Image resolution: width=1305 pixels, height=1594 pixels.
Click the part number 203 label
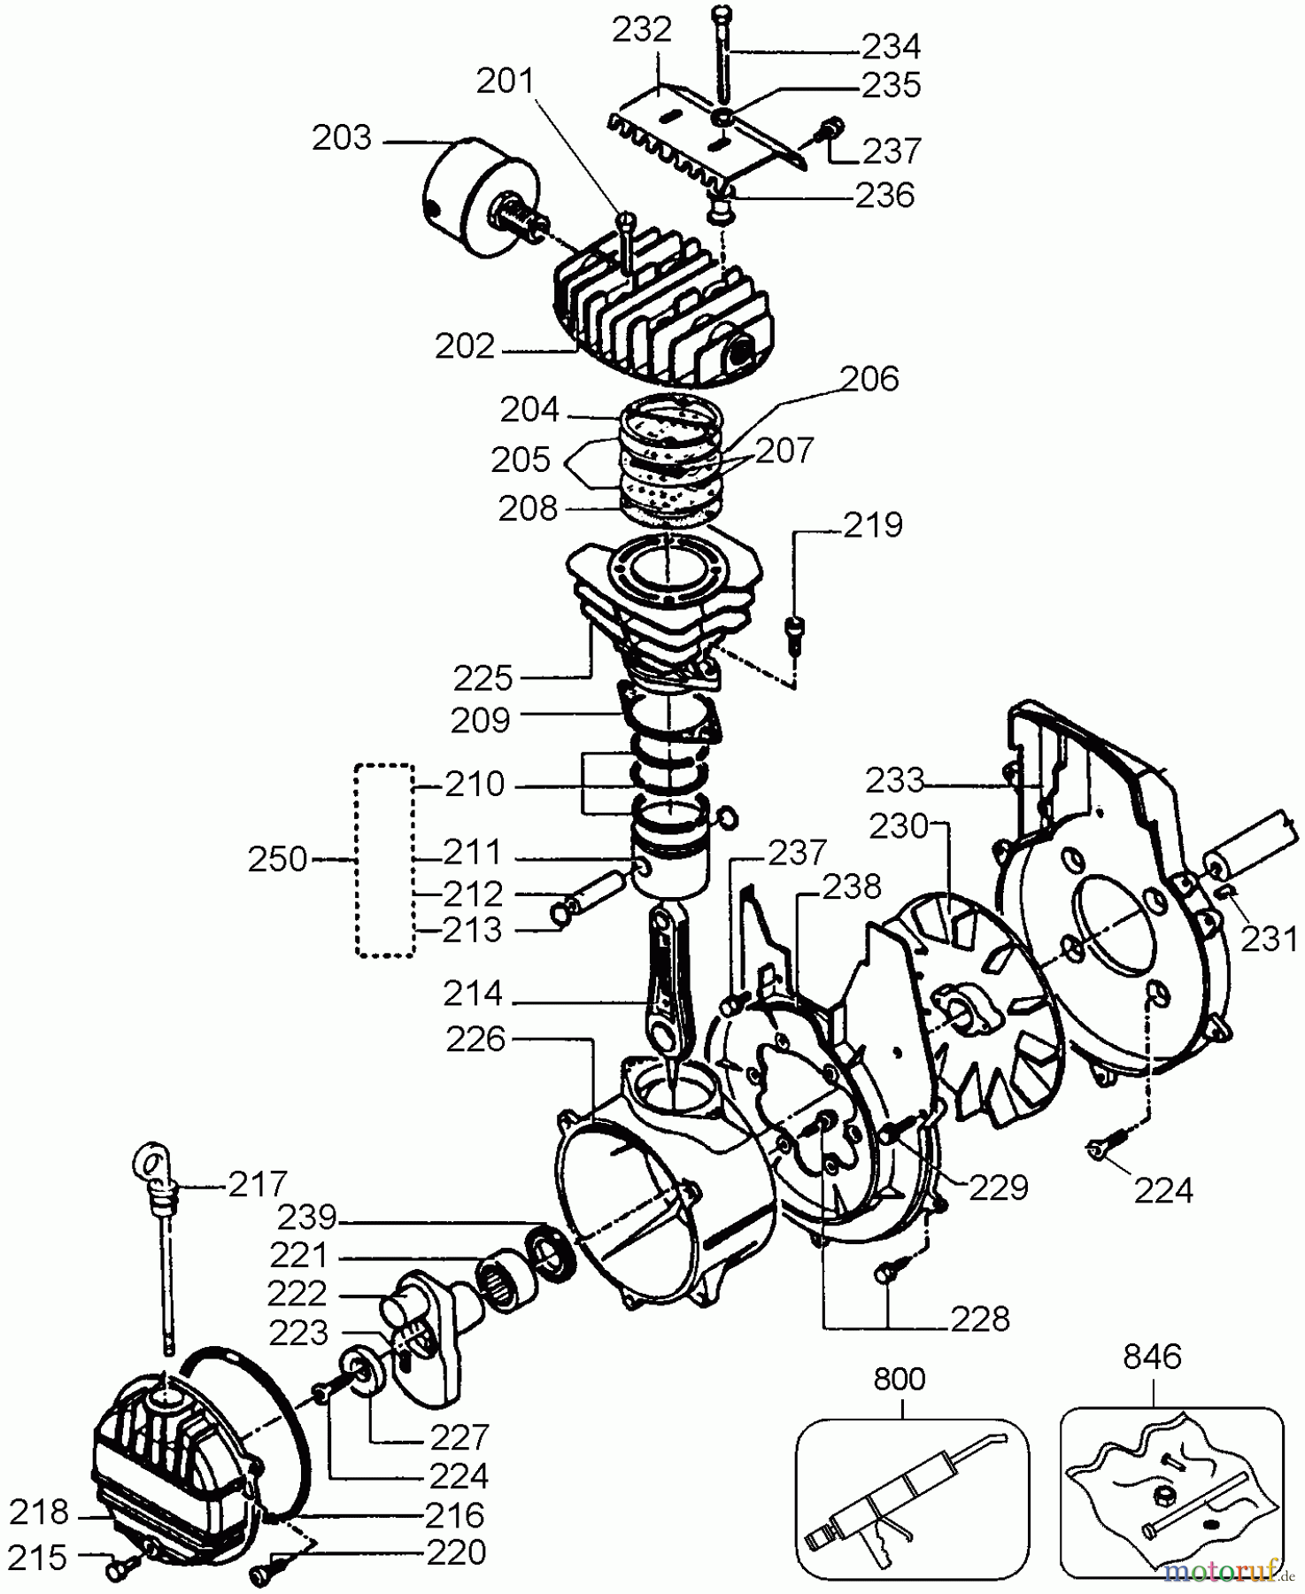click(x=342, y=139)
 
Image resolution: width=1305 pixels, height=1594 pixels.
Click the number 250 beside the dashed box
click(x=278, y=860)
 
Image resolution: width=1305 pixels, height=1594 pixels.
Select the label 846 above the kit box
click(x=1152, y=1358)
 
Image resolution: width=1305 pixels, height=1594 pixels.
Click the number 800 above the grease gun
click(x=899, y=1380)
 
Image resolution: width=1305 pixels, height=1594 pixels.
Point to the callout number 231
click(x=1268, y=939)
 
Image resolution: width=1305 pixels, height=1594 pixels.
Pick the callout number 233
click(x=895, y=781)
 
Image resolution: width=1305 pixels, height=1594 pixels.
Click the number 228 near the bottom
click(x=981, y=1319)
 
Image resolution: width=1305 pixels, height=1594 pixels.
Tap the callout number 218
click(x=39, y=1513)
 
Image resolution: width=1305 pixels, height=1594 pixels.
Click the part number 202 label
click(x=465, y=346)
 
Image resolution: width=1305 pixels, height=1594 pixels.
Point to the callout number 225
click(x=483, y=679)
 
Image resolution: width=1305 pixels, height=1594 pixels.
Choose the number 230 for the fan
click(x=898, y=828)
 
